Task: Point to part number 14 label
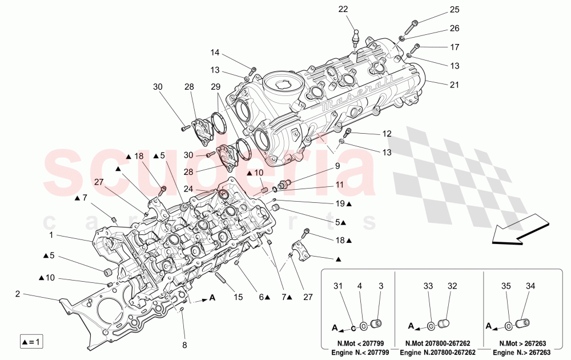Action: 214,53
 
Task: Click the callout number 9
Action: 337,166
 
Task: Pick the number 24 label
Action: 187,187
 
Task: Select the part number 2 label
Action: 17,294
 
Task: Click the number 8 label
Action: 184,345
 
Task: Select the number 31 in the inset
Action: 337,286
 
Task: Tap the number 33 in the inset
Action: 428,286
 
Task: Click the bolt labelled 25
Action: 413,26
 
